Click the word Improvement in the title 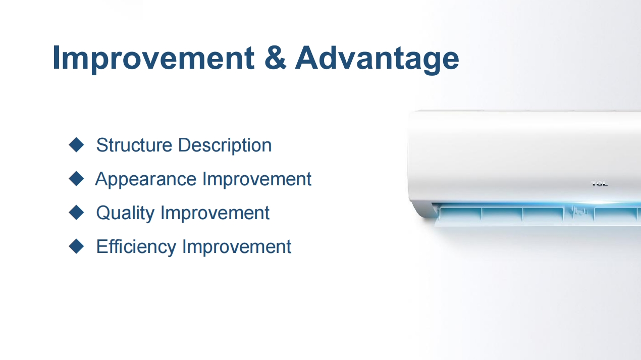click(153, 59)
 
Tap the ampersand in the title click(275, 58)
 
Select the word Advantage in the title click(377, 59)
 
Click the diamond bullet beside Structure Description click(76, 144)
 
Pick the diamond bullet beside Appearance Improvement click(76, 179)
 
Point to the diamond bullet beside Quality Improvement click(76, 213)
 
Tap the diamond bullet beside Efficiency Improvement click(76, 246)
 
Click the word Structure click(134, 145)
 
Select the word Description click(225, 145)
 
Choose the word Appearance click(146, 180)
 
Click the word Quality click(125, 214)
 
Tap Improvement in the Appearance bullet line click(257, 180)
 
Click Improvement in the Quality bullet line click(215, 214)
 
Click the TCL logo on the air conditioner click(600, 184)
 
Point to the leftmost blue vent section click(460, 215)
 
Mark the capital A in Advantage click(306, 57)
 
